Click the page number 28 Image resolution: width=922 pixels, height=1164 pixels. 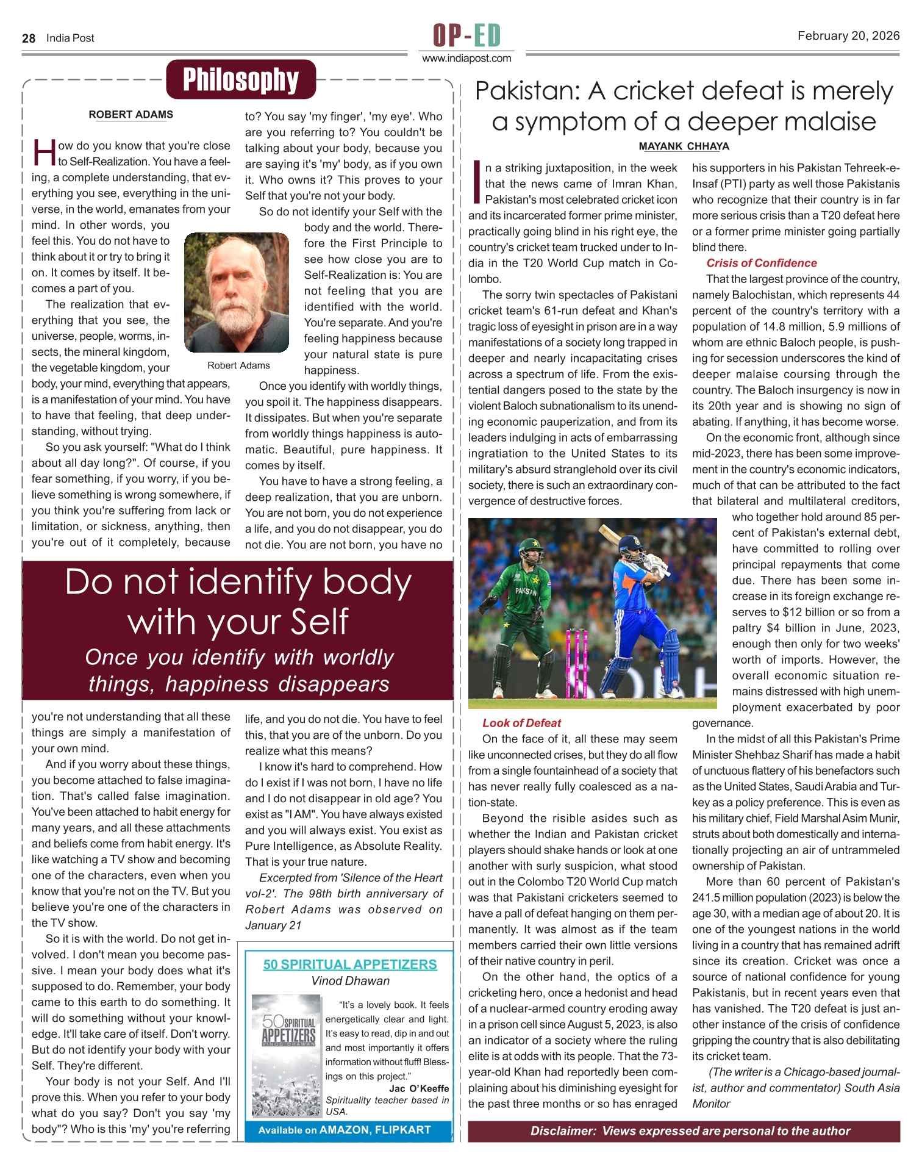click(29, 38)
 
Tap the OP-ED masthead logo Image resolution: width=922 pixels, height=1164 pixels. click(466, 35)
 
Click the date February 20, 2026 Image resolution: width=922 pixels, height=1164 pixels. click(848, 36)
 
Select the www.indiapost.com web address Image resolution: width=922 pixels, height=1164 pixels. click(466, 59)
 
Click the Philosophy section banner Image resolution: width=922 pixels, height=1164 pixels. click(241, 80)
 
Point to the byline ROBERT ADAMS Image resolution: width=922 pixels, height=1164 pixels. click(130, 115)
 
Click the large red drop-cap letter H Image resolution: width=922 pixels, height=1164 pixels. click(45, 153)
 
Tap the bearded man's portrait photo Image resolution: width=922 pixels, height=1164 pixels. click(237, 293)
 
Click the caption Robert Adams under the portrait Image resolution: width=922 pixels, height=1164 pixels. click(238, 365)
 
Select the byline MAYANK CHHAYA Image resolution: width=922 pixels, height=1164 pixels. click(684, 146)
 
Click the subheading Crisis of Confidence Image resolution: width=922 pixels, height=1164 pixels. click(761, 263)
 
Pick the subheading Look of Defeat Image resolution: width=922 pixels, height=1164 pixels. click(521, 723)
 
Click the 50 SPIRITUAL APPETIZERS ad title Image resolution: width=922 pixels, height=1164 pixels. click(350, 965)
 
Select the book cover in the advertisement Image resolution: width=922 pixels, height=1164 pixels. click(287, 1055)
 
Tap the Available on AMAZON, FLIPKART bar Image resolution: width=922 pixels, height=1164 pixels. click(345, 1130)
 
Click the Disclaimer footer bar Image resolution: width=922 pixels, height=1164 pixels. click(684, 1131)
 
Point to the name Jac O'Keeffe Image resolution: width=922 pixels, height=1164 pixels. click(419, 1088)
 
